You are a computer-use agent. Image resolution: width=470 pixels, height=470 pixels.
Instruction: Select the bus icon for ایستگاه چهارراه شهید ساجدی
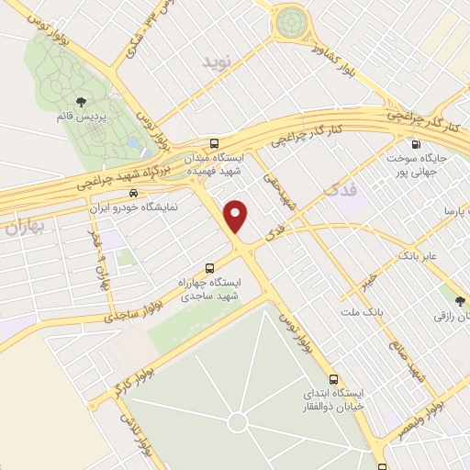tap(210, 268)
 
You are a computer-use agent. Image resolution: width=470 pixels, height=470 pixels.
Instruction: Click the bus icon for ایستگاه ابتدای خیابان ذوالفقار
tap(333, 378)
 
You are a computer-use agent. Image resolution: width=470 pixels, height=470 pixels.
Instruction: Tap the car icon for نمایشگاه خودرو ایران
tap(134, 194)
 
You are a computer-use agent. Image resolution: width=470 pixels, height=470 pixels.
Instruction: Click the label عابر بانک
tap(416, 254)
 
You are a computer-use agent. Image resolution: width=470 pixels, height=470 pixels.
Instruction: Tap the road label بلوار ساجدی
tap(119, 315)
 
